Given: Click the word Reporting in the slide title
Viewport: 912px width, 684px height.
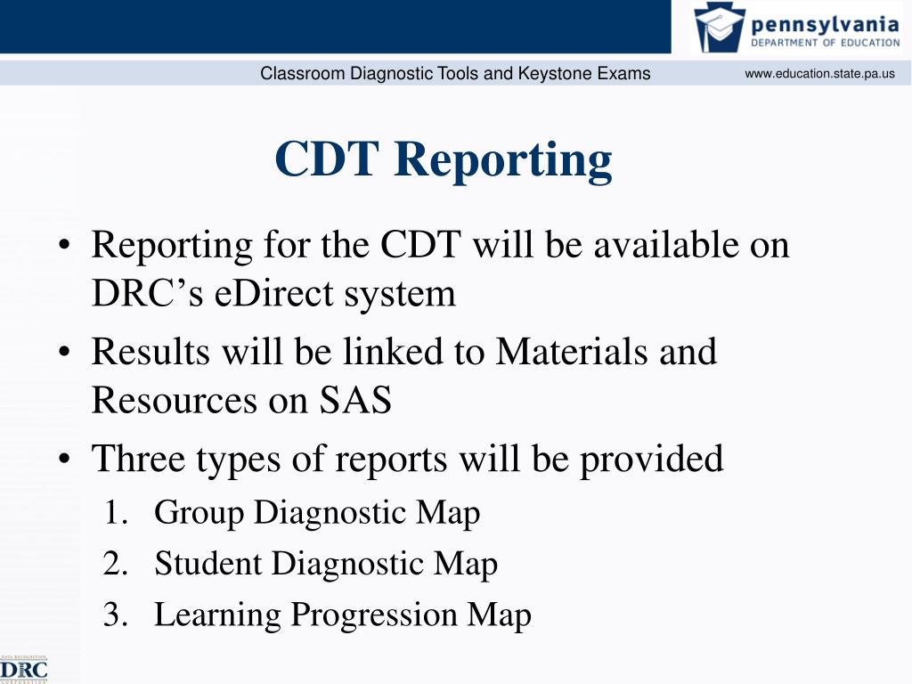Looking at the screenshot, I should [x=503, y=160].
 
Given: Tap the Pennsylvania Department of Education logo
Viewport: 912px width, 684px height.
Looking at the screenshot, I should [x=798, y=28].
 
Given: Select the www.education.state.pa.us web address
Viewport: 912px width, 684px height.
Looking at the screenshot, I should [x=819, y=74].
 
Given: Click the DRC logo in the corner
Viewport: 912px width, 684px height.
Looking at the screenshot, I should [x=24, y=668].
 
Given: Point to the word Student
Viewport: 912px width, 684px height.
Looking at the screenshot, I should [x=208, y=564].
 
